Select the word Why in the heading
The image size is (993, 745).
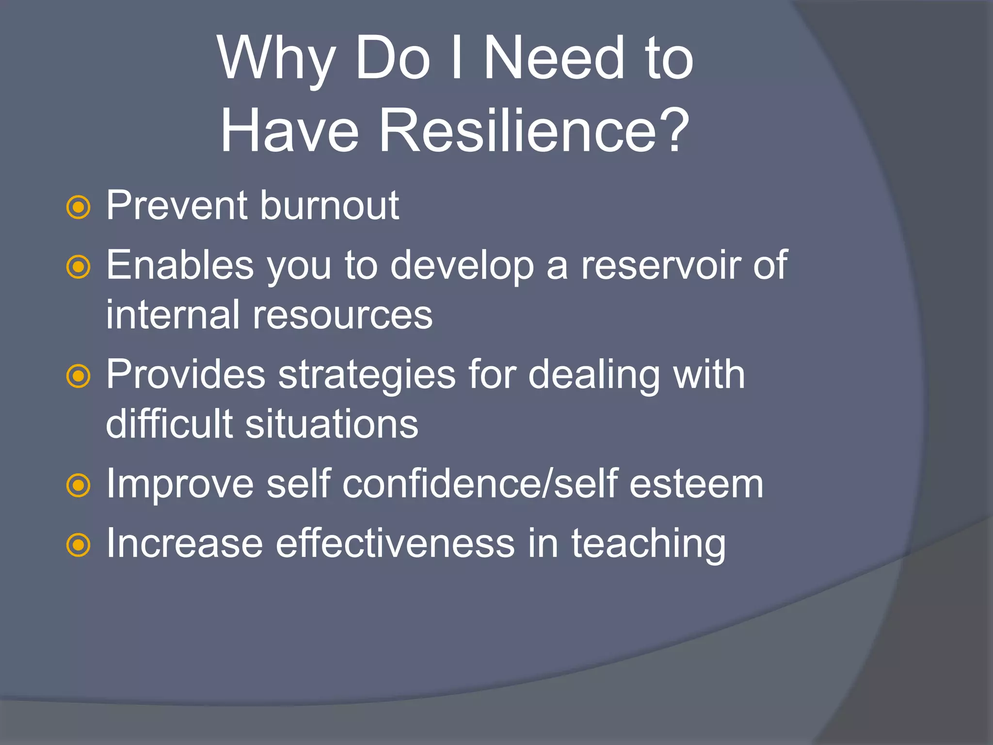point(277,59)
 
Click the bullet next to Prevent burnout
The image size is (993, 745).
point(78,208)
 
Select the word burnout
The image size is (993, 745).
point(329,206)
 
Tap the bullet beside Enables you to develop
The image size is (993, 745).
point(78,267)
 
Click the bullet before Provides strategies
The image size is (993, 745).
point(78,377)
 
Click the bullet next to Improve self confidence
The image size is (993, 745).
point(78,486)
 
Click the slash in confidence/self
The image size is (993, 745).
point(546,484)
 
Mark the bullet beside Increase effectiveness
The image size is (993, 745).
point(78,545)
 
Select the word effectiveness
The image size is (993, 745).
point(395,544)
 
